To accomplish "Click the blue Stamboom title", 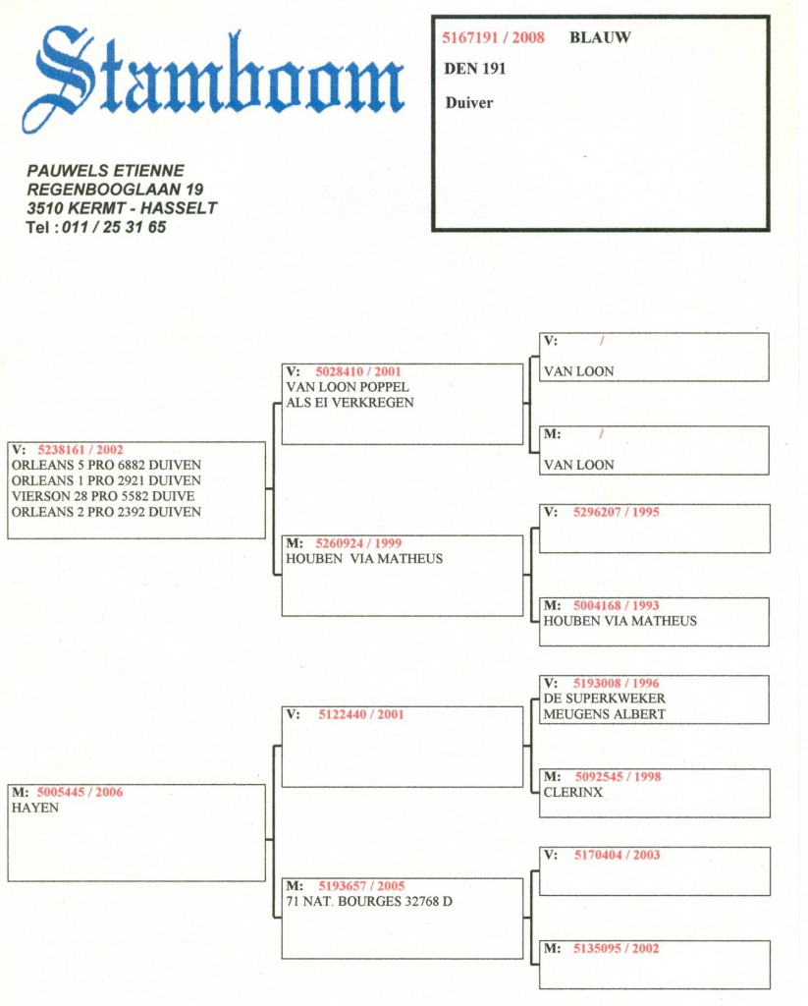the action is pos(213,79).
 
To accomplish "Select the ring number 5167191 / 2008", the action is pos(493,37).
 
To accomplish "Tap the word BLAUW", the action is pos(600,37).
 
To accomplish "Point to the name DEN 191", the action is pos(475,69).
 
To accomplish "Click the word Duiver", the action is pos(469,102).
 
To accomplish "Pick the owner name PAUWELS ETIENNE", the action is pos(105,171).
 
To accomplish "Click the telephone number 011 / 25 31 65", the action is pos(114,227).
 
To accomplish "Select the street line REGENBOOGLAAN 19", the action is pos(115,190).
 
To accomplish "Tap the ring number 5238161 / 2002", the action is pos(81,450).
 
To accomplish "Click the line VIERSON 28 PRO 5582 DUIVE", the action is pos(103,496).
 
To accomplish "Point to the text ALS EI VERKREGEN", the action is pos(350,402).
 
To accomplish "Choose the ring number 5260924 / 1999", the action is pos(358,542).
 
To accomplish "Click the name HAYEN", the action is pos(35,808).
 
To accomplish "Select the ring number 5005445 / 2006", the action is pos(80,793).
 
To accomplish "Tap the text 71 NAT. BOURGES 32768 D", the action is pos(369,902).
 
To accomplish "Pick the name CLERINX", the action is pos(573,793).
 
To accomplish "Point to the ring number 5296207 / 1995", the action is pos(617,512).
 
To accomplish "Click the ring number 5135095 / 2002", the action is pos(617,948).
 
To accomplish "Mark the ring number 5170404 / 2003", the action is pos(617,855).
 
